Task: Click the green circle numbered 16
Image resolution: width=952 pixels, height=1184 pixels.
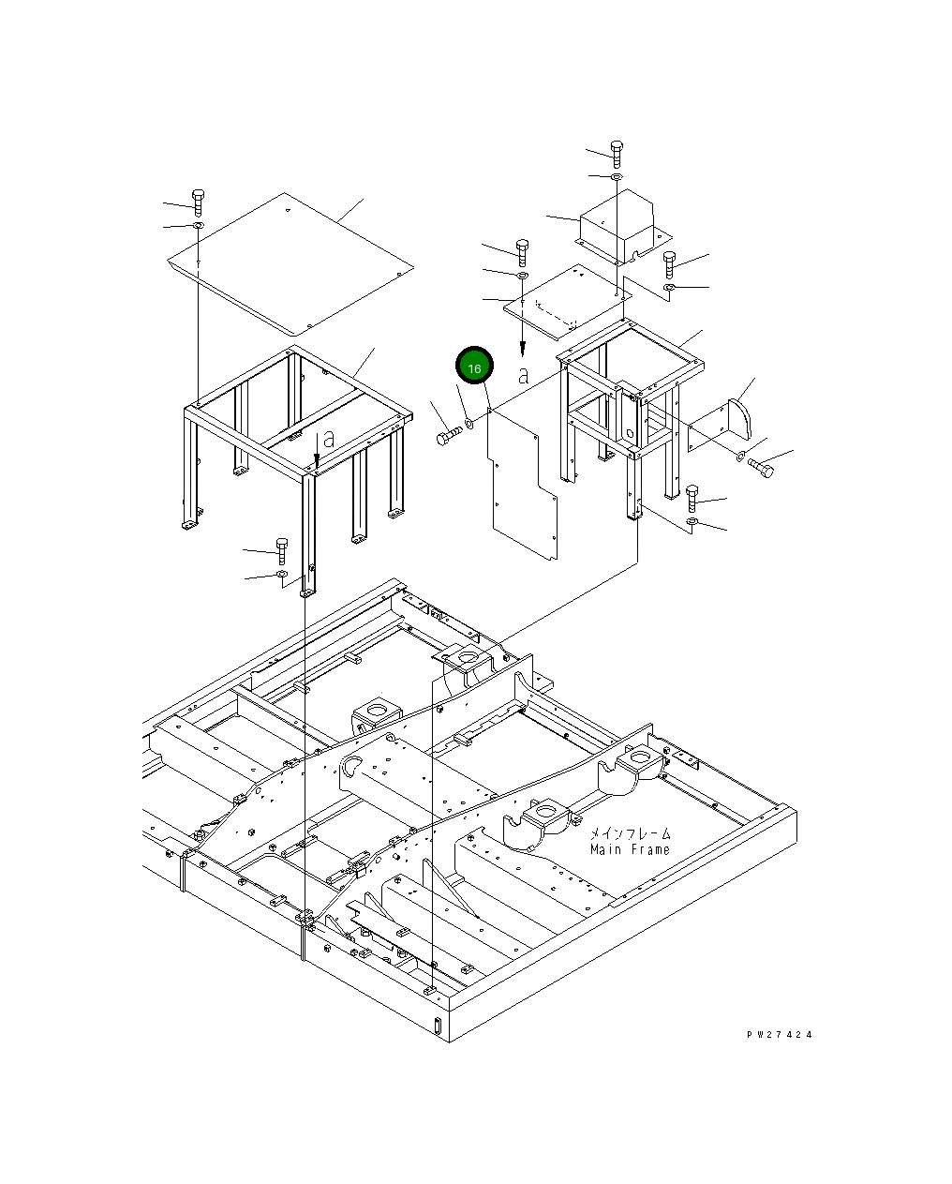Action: click(x=474, y=367)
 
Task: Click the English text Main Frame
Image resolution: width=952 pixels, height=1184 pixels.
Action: click(x=630, y=849)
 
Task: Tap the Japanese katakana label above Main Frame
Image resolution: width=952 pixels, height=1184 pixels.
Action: click(x=630, y=832)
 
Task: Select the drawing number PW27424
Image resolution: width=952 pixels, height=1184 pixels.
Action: click(x=779, y=1035)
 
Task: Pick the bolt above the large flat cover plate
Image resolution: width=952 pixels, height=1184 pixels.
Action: click(x=198, y=201)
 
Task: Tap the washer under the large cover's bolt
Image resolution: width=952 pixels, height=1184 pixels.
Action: click(x=198, y=226)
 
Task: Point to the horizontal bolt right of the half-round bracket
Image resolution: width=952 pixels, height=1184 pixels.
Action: click(x=760, y=466)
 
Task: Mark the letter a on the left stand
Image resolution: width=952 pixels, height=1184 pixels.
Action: click(x=328, y=439)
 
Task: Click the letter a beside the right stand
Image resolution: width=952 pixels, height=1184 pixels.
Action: click(x=524, y=375)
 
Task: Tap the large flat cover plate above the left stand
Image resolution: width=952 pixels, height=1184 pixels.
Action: click(x=290, y=262)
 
